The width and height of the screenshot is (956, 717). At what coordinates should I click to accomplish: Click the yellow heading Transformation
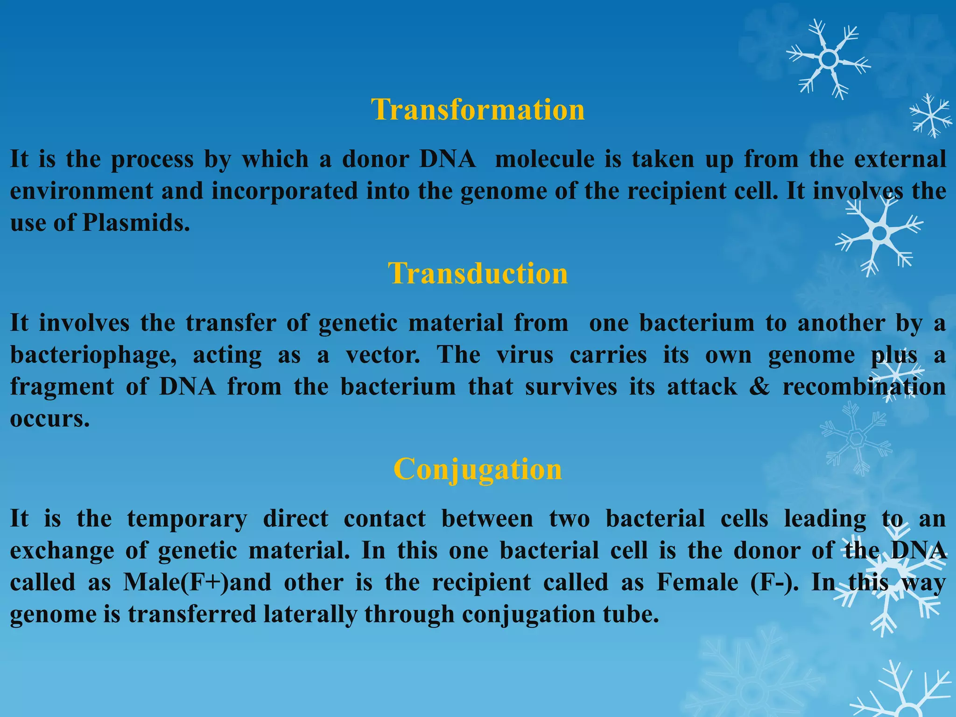click(478, 110)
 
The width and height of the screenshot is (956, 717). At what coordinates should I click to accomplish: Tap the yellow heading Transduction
click(478, 273)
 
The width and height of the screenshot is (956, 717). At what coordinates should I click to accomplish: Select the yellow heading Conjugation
click(478, 469)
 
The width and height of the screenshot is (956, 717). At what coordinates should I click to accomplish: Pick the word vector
click(383, 355)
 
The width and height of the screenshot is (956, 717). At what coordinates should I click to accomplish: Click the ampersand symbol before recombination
click(759, 387)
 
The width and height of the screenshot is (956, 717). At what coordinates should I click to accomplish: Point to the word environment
click(82, 191)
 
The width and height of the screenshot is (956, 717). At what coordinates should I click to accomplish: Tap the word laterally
click(310, 614)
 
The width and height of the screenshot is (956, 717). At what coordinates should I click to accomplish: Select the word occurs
click(49, 419)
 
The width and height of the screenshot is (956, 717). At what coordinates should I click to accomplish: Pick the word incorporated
click(284, 191)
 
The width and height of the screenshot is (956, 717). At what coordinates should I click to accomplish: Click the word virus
click(525, 355)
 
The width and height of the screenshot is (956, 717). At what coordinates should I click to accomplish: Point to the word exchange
click(62, 551)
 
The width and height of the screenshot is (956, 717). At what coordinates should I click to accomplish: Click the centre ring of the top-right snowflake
click(829, 59)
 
